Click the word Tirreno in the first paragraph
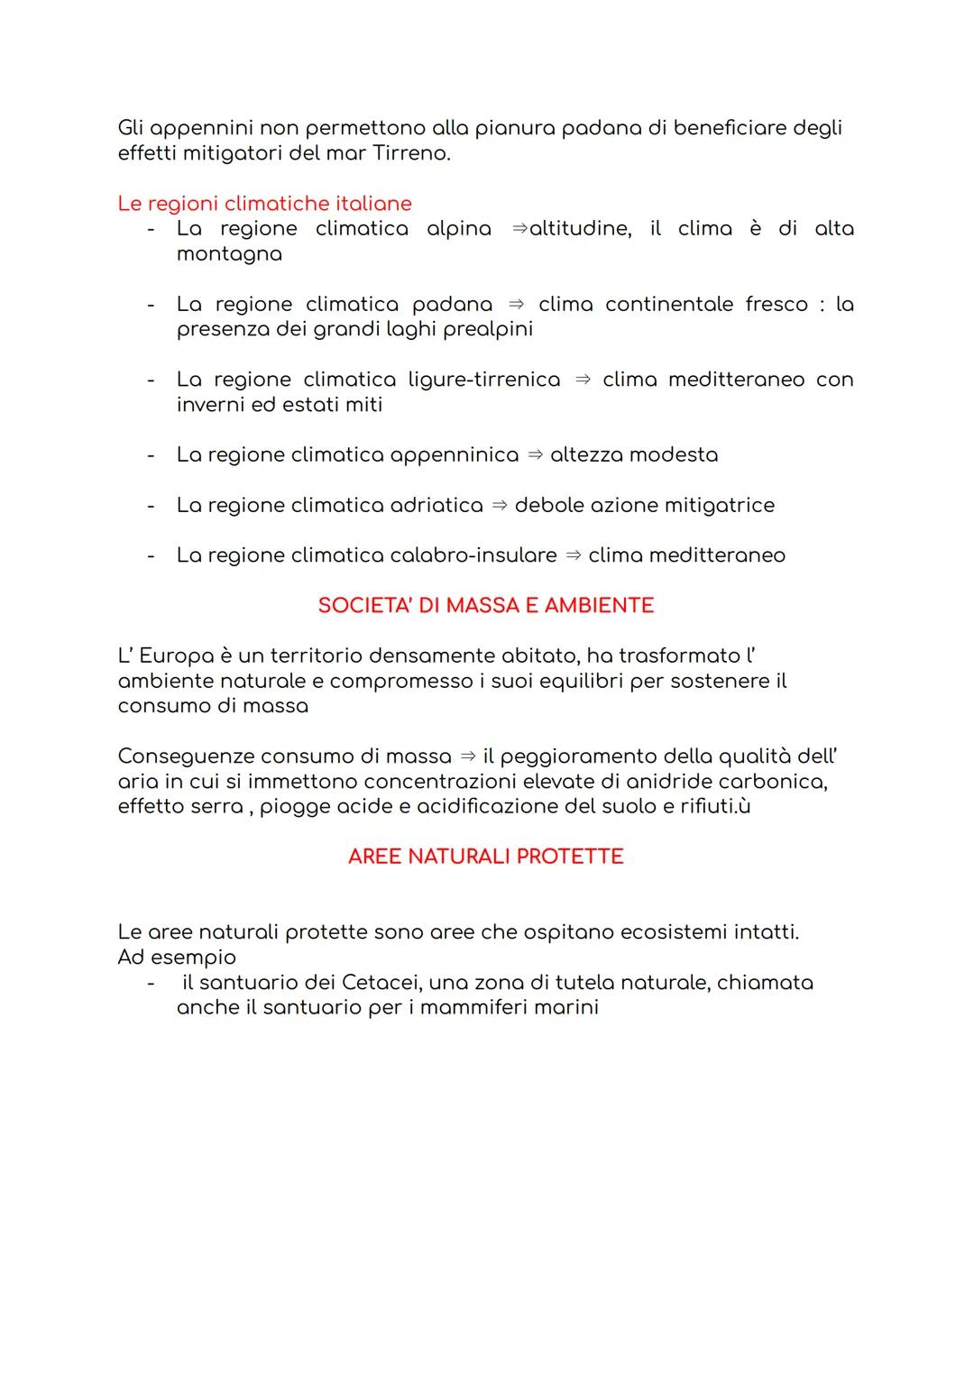pos(409,153)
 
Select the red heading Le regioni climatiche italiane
pos(264,204)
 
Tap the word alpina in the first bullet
pos(458,229)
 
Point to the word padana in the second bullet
pos(452,305)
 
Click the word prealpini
pos(488,329)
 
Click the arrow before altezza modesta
pos(535,455)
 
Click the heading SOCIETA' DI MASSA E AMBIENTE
pos(485,606)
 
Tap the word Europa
pos(176,656)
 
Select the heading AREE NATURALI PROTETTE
pos(485,857)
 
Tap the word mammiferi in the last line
pos(473,1007)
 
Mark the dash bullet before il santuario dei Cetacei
pos(152,983)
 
